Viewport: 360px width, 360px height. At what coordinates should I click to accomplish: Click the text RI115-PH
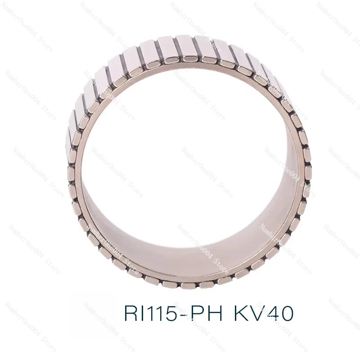(173, 313)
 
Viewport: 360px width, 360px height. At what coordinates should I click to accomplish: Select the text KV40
(264, 313)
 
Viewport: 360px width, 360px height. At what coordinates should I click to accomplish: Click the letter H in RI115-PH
(216, 313)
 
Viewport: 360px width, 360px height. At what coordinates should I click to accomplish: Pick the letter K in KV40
(241, 313)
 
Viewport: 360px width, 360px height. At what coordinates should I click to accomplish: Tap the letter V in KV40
(256, 313)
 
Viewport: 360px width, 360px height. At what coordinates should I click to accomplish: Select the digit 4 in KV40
(271, 313)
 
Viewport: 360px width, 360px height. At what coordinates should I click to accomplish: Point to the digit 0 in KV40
(286, 313)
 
